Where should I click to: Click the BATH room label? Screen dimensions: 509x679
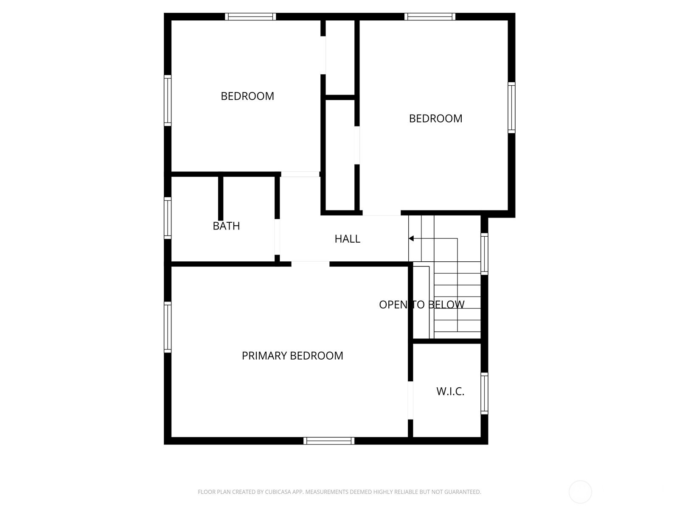click(x=226, y=226)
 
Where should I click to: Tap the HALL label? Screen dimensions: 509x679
click(x=347, y=239)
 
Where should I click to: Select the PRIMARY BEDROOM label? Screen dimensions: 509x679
click(x=292, y=355)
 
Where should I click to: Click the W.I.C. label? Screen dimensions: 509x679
click(x=450, y=391)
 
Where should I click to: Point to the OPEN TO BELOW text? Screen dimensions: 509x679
click(x=421, y=305)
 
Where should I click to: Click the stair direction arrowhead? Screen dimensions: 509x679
click(x=411, y=239)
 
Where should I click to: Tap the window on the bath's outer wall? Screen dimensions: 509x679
click(x=168, y=218)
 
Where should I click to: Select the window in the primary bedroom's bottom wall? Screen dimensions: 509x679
click(x=329, y=441)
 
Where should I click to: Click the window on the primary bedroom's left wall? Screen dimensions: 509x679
click(x=168, y=327)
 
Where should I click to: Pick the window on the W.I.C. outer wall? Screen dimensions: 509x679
click(x=484, y=393)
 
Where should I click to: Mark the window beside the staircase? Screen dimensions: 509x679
click(x=484, y=253)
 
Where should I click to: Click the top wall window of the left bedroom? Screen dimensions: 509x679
click(x=250, y=17)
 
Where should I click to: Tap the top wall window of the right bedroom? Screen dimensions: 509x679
click(x=430, y=17)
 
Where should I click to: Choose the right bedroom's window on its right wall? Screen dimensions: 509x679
click(x=512, y=108)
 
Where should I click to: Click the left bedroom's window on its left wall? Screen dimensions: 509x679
click(x=168, y=101)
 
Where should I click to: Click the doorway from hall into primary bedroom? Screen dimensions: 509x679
click(x=310, y=264)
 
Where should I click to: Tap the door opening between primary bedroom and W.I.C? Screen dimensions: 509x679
click(x=410, y=400)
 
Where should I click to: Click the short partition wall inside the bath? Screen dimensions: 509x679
click(x=220, y=198)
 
